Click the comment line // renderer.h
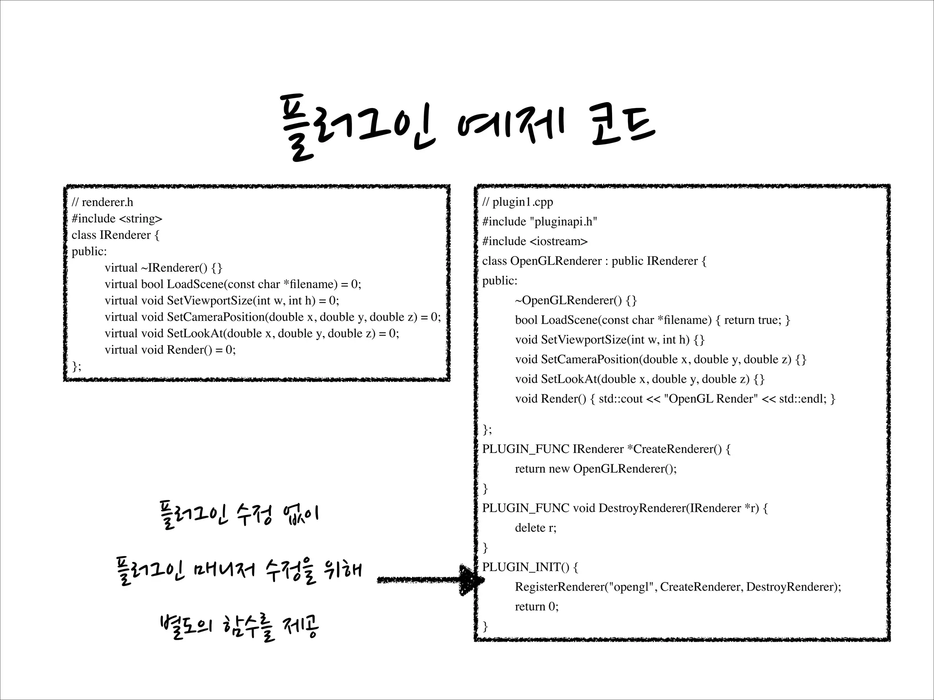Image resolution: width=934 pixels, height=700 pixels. pyautogui.click(x=102, y=202)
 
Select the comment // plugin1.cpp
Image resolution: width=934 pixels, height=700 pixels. pyautogui.click(x=518, y=202)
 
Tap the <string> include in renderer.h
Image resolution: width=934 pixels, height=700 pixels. pyautogui.click(x=140, y=219)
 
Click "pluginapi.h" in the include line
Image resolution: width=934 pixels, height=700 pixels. pyautogui.click(x=563, y=221)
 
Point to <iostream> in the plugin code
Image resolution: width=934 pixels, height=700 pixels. pyautogui.click(x=559, y=241)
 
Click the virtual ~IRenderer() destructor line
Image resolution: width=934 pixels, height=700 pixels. pyautogui.click(x=163, y=268)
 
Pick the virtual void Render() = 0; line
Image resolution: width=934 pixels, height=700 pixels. pyautogui.click(x=170, y=350)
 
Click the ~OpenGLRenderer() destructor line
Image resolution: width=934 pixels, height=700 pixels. pyautogui.click(x=576, y=300)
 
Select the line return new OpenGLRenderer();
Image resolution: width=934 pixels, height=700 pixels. pyautogui.click(x=596, y=468)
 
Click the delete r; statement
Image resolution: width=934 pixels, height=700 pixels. pyautogui.click(x=535, y=528)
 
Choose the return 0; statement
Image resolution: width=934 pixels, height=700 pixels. pyautogui.click(x=536, y=607)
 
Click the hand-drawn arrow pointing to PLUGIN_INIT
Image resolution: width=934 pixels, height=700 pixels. pyautogui.click(x=429, y=580)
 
